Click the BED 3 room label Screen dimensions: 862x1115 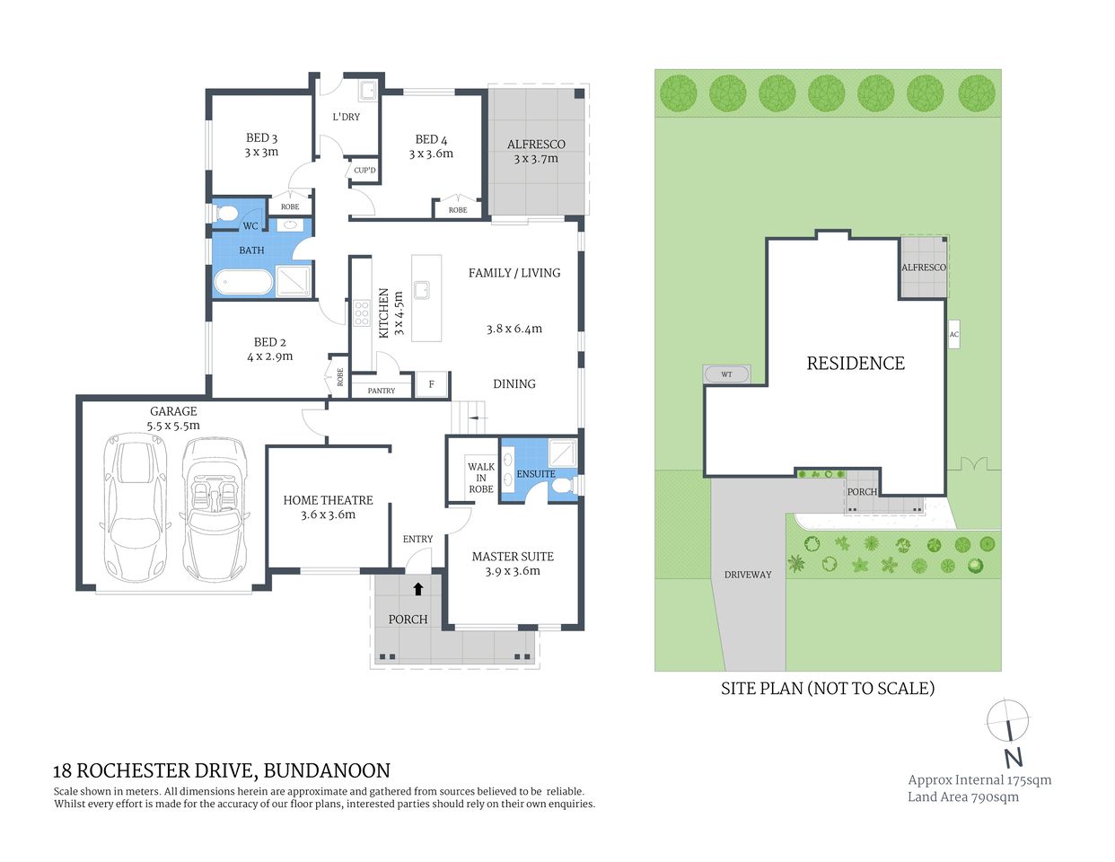click(x=261, y=137)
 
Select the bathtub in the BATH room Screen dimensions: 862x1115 click(x=242, y=282)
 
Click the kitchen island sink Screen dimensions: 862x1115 click(x=421, y=290)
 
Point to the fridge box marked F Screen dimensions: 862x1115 click(x=431, y=384)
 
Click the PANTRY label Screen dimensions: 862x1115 click(x=381, y=391)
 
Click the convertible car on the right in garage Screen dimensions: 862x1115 click(x=215, y=507)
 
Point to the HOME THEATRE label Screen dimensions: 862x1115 click(x=328, y=500)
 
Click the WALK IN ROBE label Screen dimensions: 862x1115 click(x=481, y=478)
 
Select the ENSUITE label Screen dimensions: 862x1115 click(x=536, y=473)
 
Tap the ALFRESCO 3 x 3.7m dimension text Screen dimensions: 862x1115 click(x=536, y=159)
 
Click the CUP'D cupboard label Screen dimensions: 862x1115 click(x=364, y=170)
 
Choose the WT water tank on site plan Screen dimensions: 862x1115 click(x=726, y=374)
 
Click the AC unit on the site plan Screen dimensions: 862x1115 click(x=953, y=335)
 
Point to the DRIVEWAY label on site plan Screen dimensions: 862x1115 click(x=748, y=575)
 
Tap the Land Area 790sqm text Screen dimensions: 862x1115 click(x=962, y=796)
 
